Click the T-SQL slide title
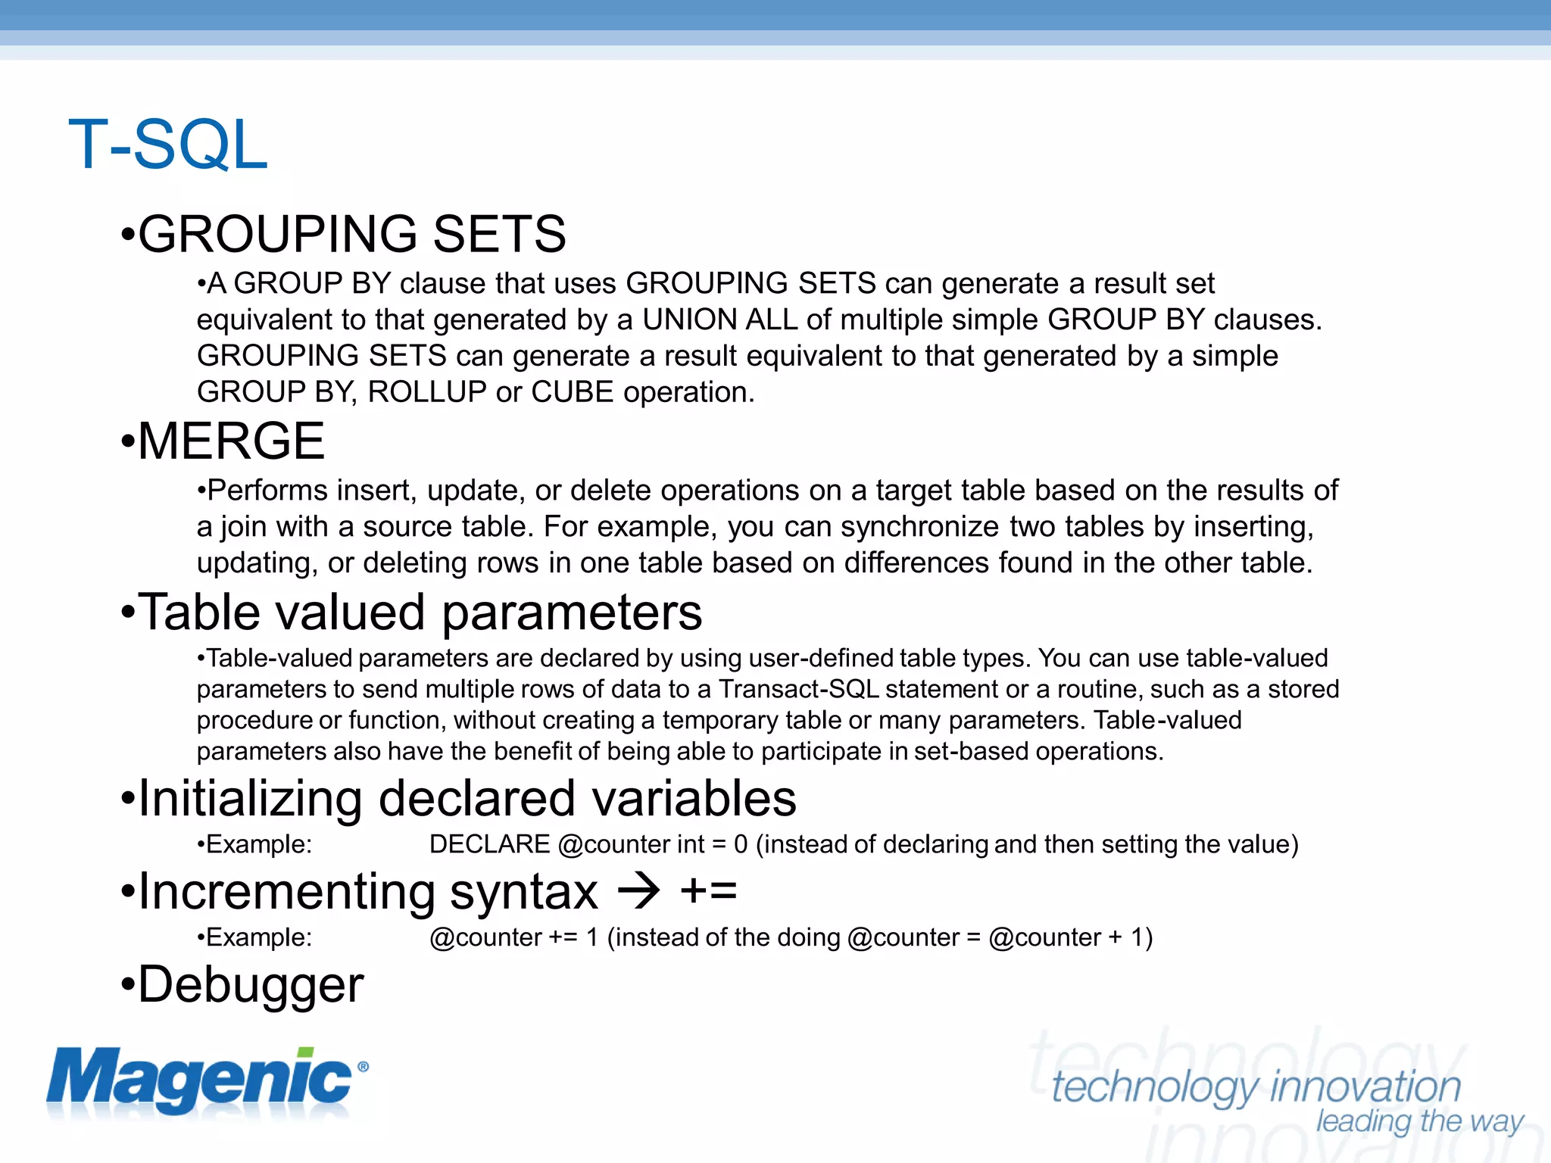point(168,145)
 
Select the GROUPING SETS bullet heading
point(352,234)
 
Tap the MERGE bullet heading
point(231,441)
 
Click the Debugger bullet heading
point(251,985)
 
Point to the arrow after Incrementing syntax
point(639,891)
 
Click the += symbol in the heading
point(708,891)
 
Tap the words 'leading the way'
point(1419,1121)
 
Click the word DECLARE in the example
point(489,844)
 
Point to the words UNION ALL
point(720,320)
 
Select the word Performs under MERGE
point(267,491)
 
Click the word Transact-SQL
point(799,690)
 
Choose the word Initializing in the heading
point(251,799)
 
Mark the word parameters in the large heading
point(572,613)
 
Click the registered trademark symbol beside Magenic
point(363,1067)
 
